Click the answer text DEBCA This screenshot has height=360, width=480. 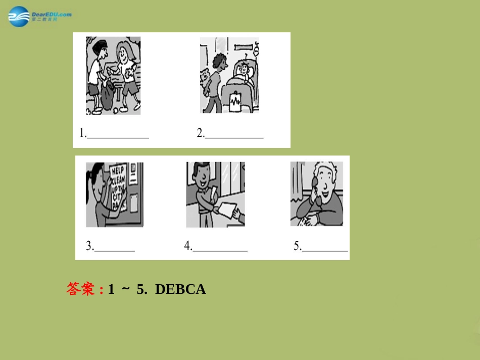click(x=180, y=289)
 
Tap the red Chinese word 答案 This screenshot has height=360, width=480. click(x=80, y=289)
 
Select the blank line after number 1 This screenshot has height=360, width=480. click(x=118, y=136)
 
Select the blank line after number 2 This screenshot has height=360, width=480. click(x=234, y=136)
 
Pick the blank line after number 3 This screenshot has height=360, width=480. click(x=115, y=249)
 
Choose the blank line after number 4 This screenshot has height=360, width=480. click(x=220, y=249)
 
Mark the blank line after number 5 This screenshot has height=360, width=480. click(x=325, y=249)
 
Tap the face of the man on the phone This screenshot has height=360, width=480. click(x=328, y=182)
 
